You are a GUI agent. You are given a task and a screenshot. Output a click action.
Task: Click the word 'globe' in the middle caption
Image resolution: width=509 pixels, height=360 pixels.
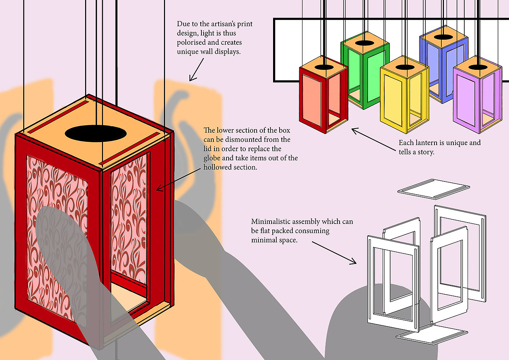pyautogui.click(x=212, y=158)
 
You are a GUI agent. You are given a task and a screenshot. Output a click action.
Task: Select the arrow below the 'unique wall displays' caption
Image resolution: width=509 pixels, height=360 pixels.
pyautogui.click(x=196, y=70)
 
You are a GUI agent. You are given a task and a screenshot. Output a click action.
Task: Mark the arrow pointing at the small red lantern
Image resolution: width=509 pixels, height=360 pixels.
pyautogui.click(x=374, y=140)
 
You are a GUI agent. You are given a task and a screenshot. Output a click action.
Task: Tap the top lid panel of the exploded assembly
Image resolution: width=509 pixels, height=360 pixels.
pyautogui.click(x=433, y=188)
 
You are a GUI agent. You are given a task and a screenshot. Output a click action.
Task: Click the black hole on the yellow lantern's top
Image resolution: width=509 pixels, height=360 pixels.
pyautogui.click(x=403, y=67)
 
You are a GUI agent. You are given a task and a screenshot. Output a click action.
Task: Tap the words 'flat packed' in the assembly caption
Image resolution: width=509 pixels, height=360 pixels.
pyautogui.click(x=290, y=231)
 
